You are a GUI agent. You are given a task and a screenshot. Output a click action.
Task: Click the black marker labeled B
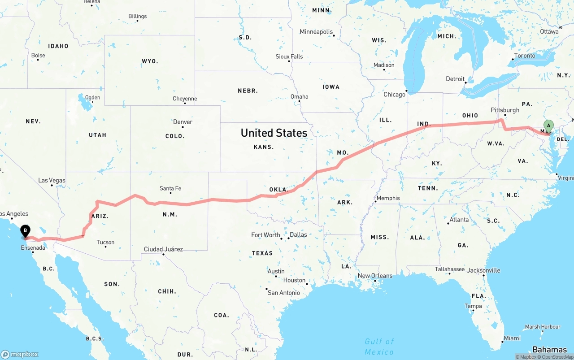point(26,230)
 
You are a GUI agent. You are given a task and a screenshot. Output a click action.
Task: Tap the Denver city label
point(183,122)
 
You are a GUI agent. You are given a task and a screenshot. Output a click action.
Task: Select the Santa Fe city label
point(170,188)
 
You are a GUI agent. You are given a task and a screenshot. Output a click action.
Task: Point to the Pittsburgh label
point(505,110)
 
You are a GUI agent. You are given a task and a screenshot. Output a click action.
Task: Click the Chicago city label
point(394,95)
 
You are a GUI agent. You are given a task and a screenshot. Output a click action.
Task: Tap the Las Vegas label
point(52,180)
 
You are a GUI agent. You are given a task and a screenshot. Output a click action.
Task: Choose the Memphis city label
point(388,198)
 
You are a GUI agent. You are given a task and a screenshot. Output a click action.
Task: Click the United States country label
point(274,133)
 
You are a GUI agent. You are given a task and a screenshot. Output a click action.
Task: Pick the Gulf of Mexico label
point(379,347)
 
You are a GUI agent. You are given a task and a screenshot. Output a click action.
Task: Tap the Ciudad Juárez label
point(163,249)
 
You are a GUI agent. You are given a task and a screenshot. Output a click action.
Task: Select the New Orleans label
point(375,276)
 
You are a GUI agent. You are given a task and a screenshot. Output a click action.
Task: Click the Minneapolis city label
point(317,32)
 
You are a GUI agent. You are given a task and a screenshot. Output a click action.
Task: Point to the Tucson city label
point(105,243)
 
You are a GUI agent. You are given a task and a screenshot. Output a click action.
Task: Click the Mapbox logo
point(20,354)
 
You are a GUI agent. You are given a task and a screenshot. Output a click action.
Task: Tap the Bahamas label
point(549,350)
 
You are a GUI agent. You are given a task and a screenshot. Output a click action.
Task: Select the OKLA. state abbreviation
point(278,190)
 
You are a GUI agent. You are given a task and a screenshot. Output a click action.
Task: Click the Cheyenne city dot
point(185,104)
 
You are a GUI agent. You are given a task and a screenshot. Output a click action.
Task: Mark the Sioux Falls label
point(289,56)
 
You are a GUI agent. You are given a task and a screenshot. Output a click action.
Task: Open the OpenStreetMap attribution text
point(556,357)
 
